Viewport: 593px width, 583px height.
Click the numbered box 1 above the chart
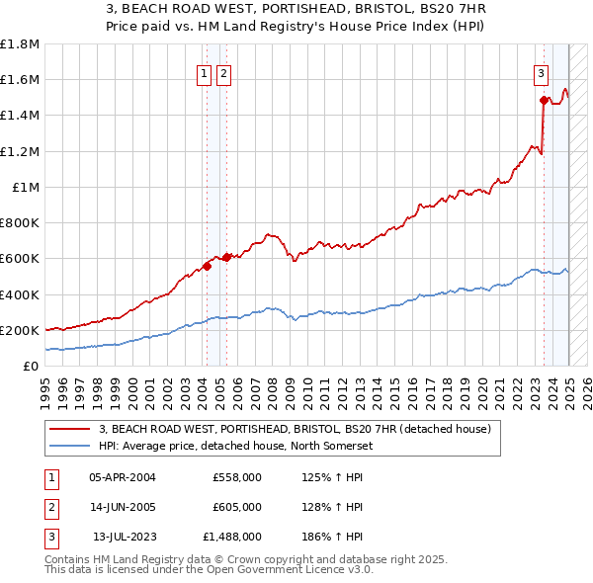(204, 72)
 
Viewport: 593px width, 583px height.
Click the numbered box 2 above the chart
(224, 72)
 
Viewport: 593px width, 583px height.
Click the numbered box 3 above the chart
(542, 72)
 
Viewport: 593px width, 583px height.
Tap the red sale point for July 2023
(544, 100)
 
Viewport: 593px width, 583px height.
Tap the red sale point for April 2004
(208, 266)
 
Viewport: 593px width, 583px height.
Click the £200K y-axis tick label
(20, 330)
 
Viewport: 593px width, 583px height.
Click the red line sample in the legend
(71, 429)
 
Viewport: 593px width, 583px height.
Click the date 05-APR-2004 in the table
(123, 477)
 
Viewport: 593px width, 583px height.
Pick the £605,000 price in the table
(237, 507)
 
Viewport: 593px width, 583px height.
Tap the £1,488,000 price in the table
(233, 537)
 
